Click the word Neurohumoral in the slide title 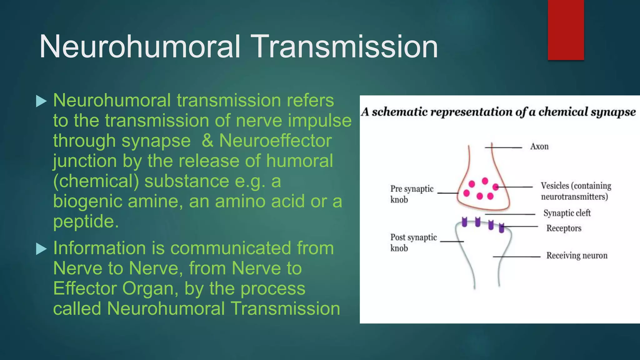[140, 47]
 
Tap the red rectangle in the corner [566, 30]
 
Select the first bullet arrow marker [41, 101]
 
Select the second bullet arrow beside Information [41, 249]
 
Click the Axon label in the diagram [539, 147]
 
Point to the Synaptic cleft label [567, 213]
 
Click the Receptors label [564, 228]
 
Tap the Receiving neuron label [577, 256]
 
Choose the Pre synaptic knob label [412, 194]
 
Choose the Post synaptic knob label [413, 242]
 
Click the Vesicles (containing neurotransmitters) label [576, 191]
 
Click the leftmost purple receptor [464, 222]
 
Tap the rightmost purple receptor [502, 228]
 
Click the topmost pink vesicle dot [485, 181]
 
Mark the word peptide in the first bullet [86, 221]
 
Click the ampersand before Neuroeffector [207, 141]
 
